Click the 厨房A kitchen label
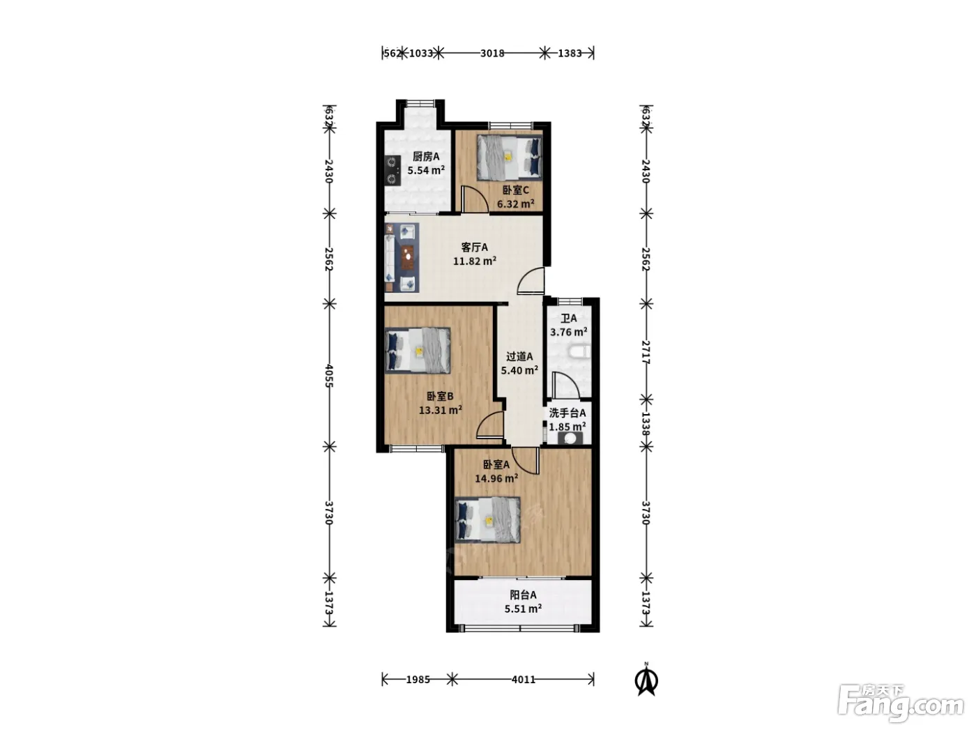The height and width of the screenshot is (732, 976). coord(425,156)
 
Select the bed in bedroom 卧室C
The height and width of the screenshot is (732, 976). coord(510,158)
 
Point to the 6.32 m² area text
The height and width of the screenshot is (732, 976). coord(515,204)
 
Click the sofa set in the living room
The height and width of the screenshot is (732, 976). coord(402,258)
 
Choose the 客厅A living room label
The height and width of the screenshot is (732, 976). coord(475,247)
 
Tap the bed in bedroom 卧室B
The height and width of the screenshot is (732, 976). coord(418,350)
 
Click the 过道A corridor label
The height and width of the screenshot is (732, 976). coord(519,356)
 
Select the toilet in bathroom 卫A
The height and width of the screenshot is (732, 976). coord(579,351)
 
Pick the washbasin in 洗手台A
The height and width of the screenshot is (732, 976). coord(570,439)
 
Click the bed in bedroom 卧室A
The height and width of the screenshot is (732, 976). coord(488,519)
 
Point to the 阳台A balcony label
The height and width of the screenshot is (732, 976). coord(523,595)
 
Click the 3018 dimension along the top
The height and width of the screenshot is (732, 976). coord(492,54)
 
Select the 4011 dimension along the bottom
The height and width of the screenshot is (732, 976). coord(524,680)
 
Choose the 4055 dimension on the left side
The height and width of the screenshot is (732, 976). coord(330,376)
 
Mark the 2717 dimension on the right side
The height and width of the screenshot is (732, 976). coord(646,353)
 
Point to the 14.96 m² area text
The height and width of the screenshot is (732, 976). coord(496,479)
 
